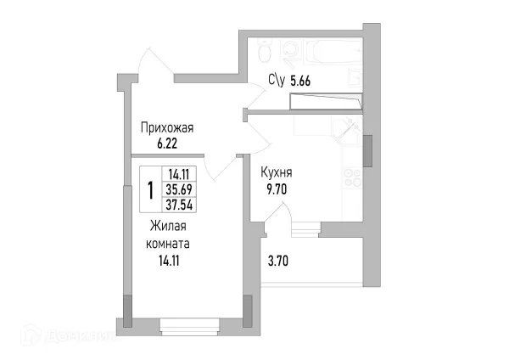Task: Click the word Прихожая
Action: click(168, 128)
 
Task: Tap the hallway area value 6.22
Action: click(168, 144)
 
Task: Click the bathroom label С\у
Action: click(277, 81)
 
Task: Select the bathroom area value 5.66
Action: click(302, 81)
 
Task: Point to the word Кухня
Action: click(277, 172)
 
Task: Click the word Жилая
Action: click(168, 226)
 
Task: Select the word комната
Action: click(168, 243)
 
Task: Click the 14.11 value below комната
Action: click(168, 261)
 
